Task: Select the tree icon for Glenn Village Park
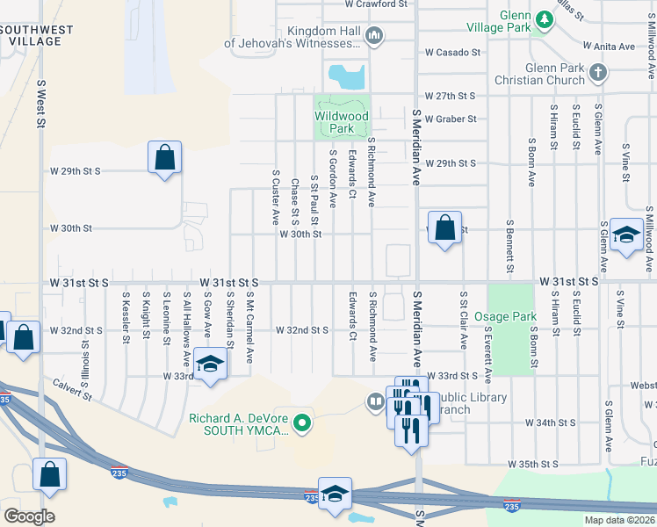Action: tap(545, 18)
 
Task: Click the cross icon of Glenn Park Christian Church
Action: tap(598, 72)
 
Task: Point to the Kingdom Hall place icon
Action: tap(375, 36)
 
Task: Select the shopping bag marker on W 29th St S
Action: tap(164, 158)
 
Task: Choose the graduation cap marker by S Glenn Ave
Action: tap(626, 235)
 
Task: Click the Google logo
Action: tap(28, 516)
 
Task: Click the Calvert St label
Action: tap(73, 388)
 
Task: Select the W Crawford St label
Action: tap(377, 4)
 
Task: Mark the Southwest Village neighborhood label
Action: tap(37, 35)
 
